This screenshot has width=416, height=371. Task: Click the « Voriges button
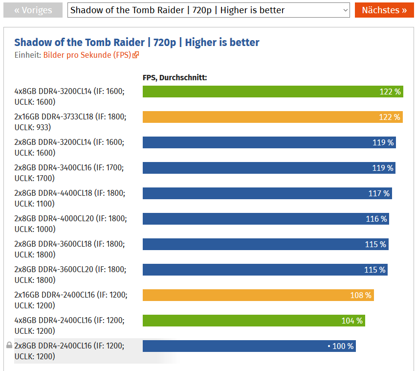pyautogui.click(x=33, y=10)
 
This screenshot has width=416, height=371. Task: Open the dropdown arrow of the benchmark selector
pyautogui.click(x=345, y=10)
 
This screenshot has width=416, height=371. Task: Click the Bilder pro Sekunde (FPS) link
pyautogui.click(x=87, y=55)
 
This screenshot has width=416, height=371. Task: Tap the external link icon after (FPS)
pyautogui.click(x=136, y=55)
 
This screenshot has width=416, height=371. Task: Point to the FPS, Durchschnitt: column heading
pyautogui.click(x=175, y=77)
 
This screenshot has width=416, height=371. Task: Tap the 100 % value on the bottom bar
pyautogui.click(x=343, y=347)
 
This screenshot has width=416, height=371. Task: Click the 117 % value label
pyautogui.click(x=379, y=194)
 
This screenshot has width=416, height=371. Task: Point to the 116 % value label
pyautogui.click(x=376, y=219)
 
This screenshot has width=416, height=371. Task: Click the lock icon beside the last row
pyautogui.click(x=9, y=346)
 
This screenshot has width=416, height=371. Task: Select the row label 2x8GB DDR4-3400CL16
pyautogui.click(x=69, y=173)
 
